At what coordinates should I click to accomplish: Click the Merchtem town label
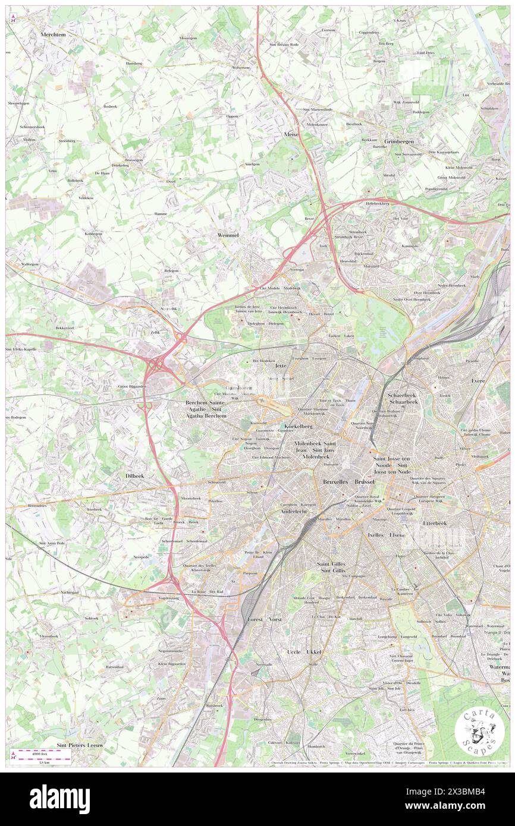coord(53,35)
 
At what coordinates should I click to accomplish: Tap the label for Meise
coord(291,135)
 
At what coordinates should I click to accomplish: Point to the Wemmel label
coord(227,235)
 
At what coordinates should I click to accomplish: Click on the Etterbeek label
coord(434,524)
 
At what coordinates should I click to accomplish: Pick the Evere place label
coord(478,380)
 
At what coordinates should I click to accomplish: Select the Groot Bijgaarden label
coord(132,386)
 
